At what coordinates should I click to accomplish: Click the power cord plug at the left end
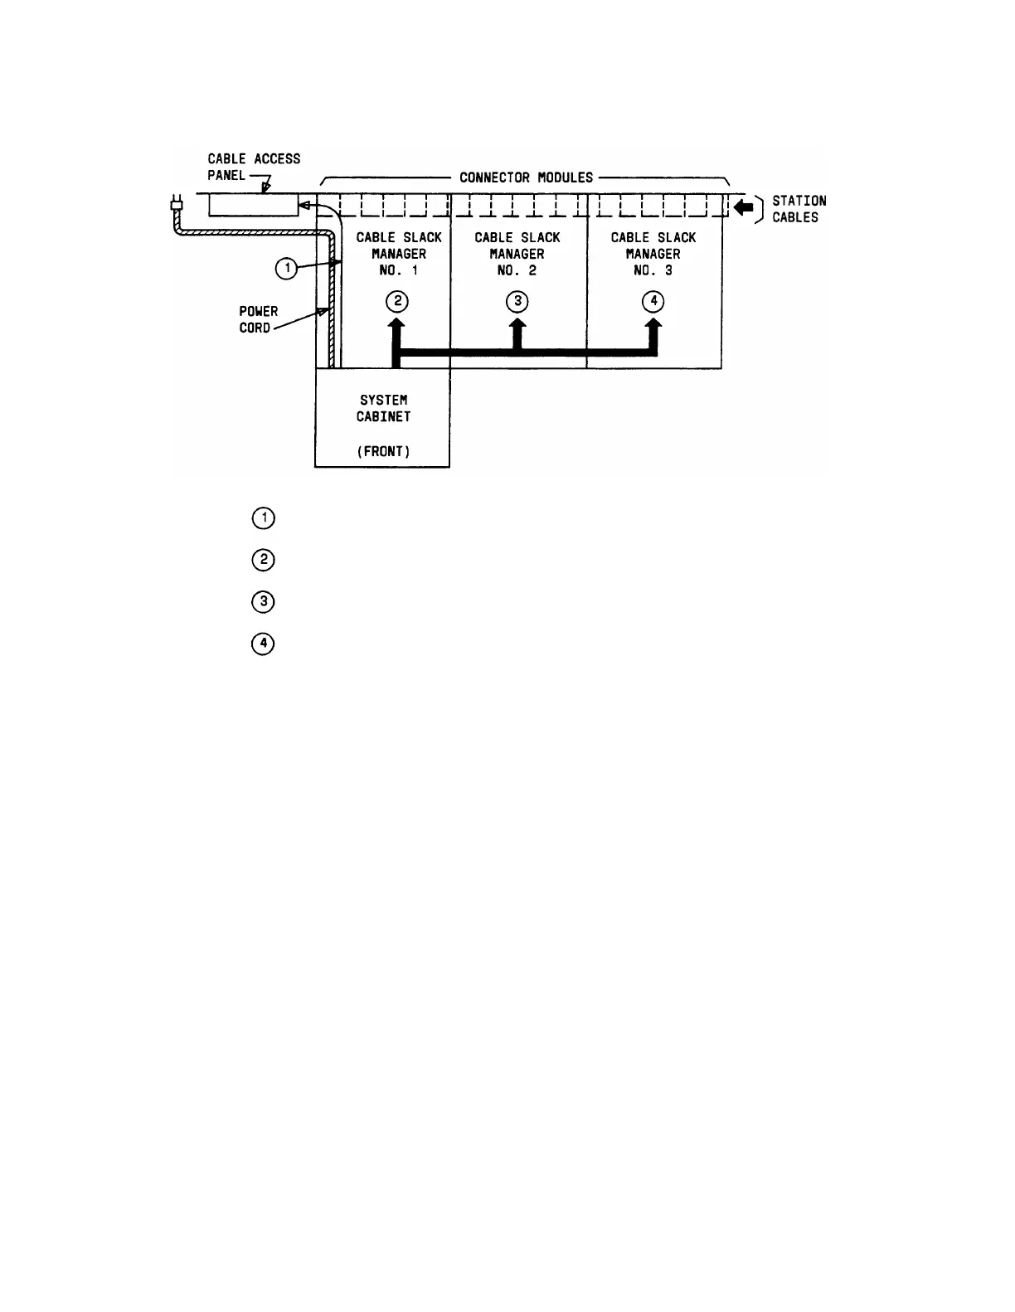point(175,203)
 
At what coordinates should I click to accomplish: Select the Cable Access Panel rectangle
point(253,205)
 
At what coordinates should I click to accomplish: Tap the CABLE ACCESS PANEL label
point(254,167)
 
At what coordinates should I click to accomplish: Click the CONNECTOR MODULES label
point(527,177)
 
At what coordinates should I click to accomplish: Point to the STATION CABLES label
point(799,209)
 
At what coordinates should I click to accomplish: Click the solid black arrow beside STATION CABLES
point(744,208)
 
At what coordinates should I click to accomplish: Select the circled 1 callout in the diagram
point(286,268)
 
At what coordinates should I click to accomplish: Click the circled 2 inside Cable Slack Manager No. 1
point(398,301)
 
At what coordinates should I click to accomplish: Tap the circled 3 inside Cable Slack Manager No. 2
point(517,301)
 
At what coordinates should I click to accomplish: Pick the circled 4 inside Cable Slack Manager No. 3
point(653,301)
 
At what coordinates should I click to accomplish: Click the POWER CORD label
point(258,319)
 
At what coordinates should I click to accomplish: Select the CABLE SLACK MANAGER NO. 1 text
point(399,254)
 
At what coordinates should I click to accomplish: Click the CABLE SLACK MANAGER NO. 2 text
point(517,254)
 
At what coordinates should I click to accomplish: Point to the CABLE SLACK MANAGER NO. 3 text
point(653,254)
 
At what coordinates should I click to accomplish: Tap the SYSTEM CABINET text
point(383,408)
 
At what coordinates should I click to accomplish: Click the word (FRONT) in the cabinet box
point(383,451)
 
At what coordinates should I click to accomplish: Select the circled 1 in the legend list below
point(263,518)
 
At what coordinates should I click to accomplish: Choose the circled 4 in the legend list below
point(263,644)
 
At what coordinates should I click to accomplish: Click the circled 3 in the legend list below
point(263,601)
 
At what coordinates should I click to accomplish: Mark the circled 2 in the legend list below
point(263,560)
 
